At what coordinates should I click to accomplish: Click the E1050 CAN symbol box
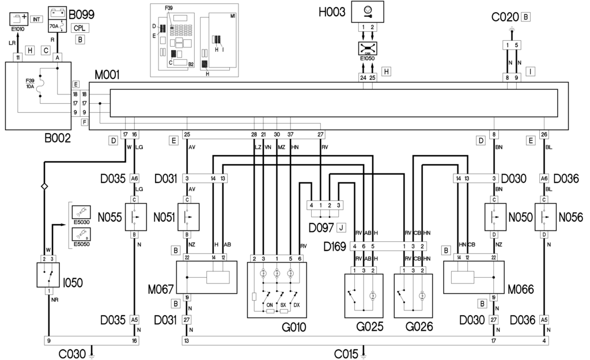tap(367, 51)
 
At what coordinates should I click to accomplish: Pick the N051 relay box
tap(188, 218)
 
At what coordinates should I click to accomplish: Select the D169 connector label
tap(334, 246)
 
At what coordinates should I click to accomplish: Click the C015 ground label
tap(346, 353)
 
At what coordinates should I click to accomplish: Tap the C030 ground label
tap(73, 353)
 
